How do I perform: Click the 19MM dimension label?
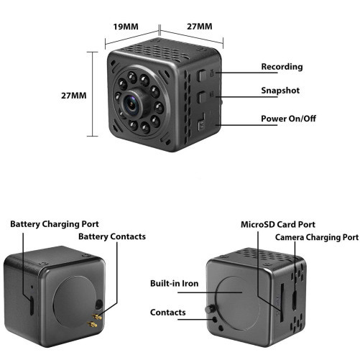(126, 27)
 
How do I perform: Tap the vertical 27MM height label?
(74, 96)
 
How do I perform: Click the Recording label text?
(282, 67)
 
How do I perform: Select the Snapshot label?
(280, 91)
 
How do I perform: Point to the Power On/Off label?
(288, 119)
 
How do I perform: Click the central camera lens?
(131, 104)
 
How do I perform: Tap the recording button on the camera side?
(202, 75)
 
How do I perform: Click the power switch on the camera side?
(201, 125)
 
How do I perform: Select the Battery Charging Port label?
(55, 224)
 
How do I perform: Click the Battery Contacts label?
(112, 236)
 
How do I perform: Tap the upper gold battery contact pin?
(97, 317)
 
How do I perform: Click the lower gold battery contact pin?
(93, 325)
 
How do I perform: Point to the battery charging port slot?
(32, 305)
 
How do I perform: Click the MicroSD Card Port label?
(278, 225)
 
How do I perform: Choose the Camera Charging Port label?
(317, 237)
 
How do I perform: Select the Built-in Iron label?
(175, 284)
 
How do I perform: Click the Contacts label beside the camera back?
(168, 313)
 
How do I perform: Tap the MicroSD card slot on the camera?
(282, 303)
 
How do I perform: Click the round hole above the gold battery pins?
(98, 305)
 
